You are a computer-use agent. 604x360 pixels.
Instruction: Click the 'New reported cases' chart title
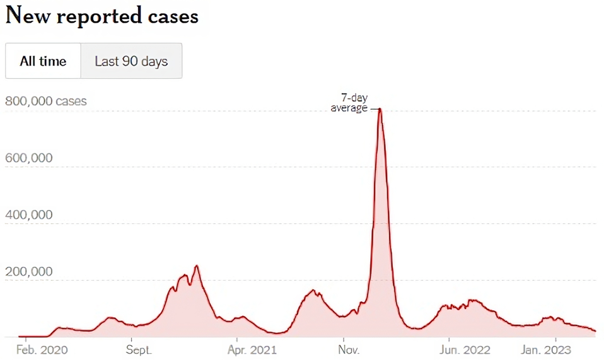pyautogui.click(x=102, y=15)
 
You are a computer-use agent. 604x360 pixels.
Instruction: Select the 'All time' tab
pyautogui.click(x=43, y=61)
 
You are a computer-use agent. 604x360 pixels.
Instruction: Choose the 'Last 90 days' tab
pyautogui.click(x=131, y=61)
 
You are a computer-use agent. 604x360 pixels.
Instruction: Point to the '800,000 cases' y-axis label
pyautogui.click(x=45, y=101)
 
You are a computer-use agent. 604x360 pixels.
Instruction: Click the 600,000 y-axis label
pyautogui.click(x=29, y=158)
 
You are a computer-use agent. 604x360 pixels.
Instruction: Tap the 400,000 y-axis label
pyautogui.click(x=29, y=214)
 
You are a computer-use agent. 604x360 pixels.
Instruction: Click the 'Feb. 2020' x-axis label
pyautogui.click(x=42, y=350)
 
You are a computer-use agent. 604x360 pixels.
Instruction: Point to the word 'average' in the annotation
pyautogui.click(x=349, y=108)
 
